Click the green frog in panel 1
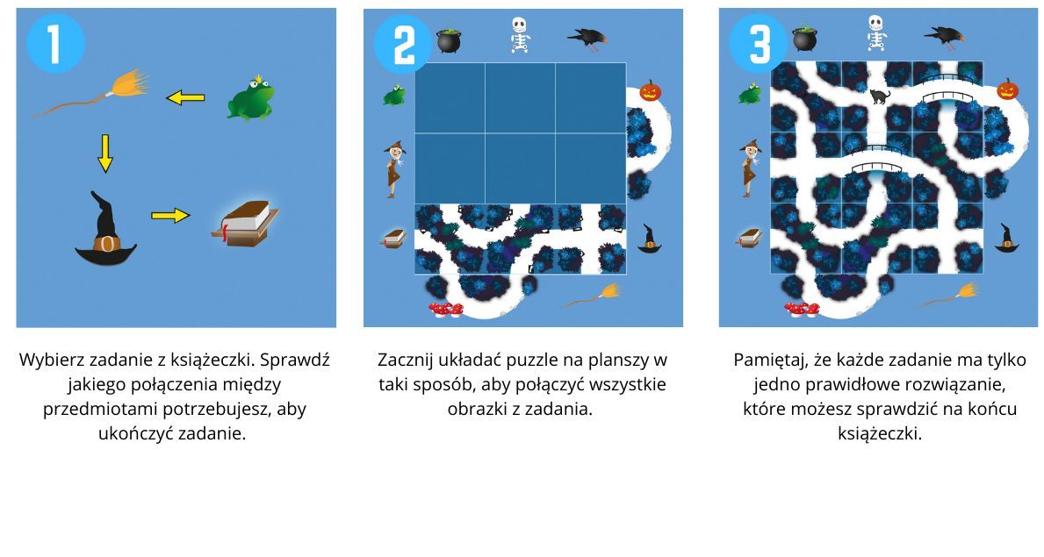(x=250, y=98)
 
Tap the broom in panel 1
(x=92, y=93)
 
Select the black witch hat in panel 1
(x=105, y=229)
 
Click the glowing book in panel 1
(x=244, y=224)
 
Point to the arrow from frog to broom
(x=185, y=98)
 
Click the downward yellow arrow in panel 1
(x=105, y=153)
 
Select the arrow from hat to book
(x=170, y=216)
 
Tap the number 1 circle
(x=55, y=43)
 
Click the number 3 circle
(x=759, y=43)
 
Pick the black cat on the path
(x=880, y=96)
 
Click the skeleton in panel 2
(x=519, y=35)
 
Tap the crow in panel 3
(x=945, y=37)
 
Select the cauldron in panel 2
(x=449, y=40)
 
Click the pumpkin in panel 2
(x=650, y=90)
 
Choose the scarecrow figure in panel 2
(x=393, y=169)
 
